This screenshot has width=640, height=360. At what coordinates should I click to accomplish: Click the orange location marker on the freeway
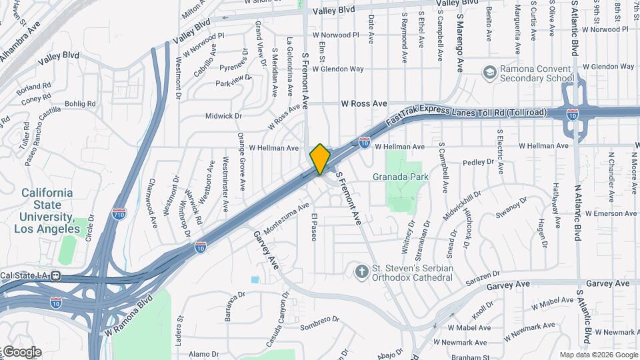pos(320,159)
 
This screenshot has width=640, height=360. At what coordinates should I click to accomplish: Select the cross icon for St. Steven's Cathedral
pos(361,271)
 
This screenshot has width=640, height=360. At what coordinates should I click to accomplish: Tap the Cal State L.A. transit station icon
pos(57,275)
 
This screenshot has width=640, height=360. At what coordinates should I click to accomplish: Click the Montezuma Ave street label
pos(287,218)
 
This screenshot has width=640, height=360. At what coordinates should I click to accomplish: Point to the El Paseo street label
pos(315,227)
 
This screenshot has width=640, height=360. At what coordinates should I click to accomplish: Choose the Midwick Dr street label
pos(223,115)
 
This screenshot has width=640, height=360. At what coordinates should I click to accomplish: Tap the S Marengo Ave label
pos(459,45)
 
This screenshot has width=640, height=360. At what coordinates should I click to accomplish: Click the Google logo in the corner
pos(21,352)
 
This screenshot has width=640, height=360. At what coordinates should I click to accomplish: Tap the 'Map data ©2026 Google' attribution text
pos(598,355)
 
